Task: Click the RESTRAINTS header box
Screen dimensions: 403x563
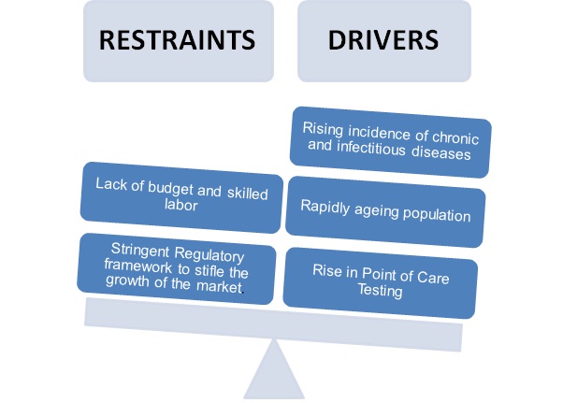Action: pos(177,42)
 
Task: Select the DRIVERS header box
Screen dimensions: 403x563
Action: pos(383,42)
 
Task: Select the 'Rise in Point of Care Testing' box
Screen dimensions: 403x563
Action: pos(381,280)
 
